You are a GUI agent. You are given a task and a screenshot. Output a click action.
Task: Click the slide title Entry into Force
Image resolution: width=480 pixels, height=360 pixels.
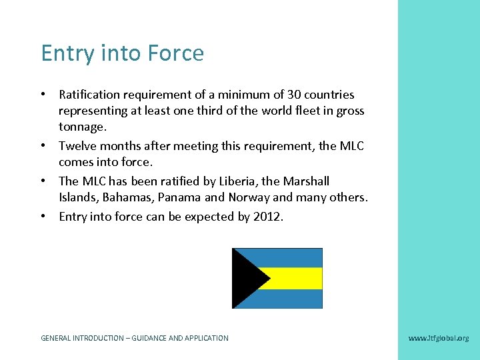(122, 53)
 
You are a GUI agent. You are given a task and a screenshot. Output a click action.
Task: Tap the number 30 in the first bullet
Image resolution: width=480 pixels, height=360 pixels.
(295, 95)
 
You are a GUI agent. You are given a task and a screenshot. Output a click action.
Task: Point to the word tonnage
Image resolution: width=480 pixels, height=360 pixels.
(81, 127)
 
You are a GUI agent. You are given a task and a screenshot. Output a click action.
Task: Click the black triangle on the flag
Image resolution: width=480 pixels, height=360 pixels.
(244, 278)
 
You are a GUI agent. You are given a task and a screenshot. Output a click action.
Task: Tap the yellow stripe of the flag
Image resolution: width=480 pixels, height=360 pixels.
(293, 278)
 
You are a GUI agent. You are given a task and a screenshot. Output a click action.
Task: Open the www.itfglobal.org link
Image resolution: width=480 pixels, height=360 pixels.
(438, 338)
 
